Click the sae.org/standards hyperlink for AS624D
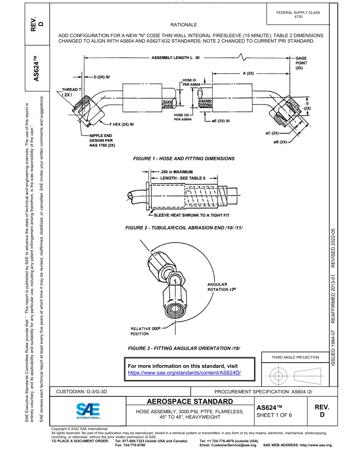tap(185, 372)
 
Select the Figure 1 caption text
tap(184, 159)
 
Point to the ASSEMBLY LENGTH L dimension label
tap(175, 58)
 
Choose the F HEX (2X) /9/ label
tap(122, 124)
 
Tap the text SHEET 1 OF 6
tap(274, 415)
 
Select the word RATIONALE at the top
tap(184, 25)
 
